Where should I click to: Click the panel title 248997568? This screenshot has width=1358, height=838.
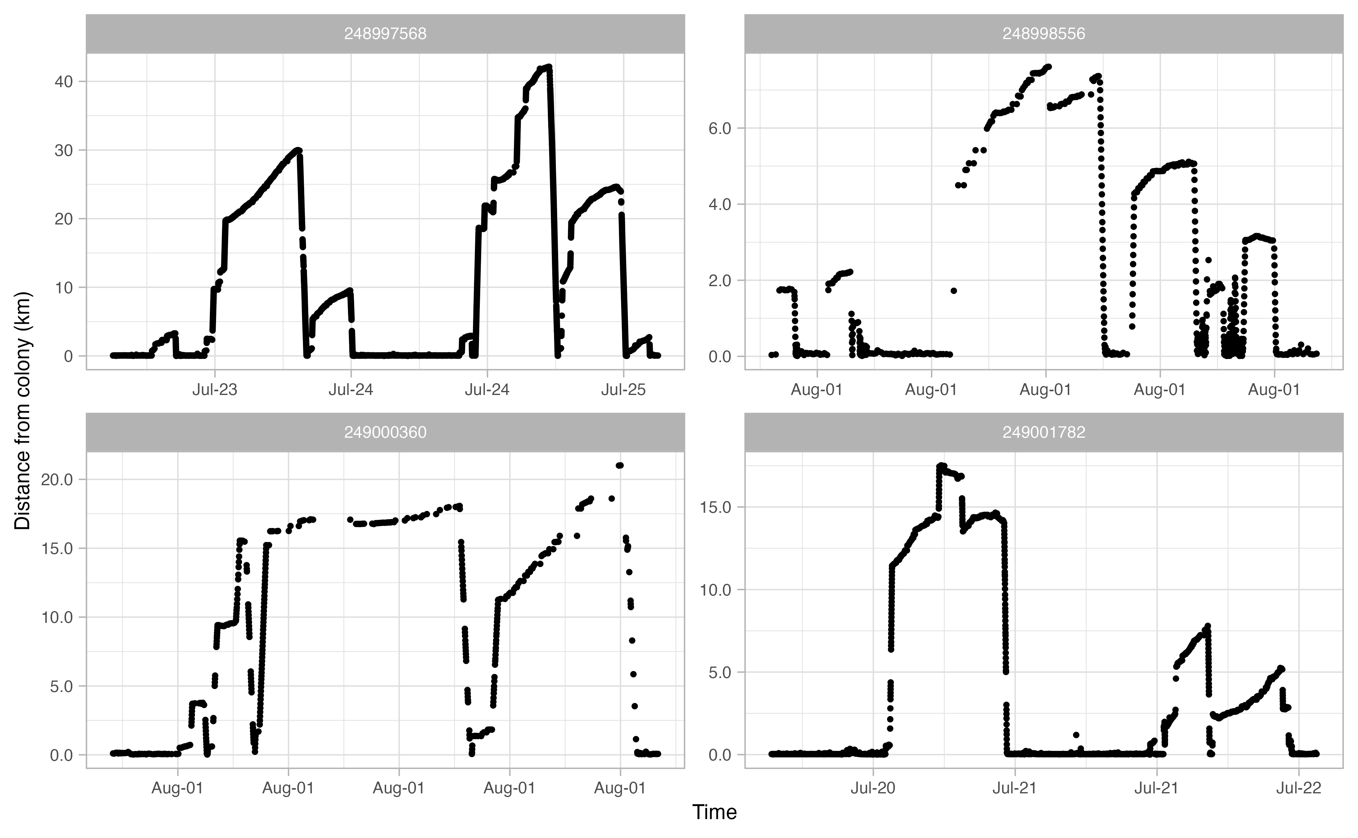pyautogui.click(x=385, y=34)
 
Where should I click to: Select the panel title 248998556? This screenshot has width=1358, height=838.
pyautogui.click(x=1044, y=34)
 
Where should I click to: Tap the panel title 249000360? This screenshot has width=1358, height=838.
pyautogui.click(x=385, y=432)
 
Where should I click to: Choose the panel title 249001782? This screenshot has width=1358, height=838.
pyautogui.click(x=1044, y=432)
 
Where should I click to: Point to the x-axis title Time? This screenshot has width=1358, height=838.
pyautogui.click(x=715, y=813)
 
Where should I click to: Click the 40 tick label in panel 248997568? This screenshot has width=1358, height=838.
pyautogui.click(x=64, y=82)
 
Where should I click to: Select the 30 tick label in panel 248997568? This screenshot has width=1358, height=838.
pyautogui.click(x=64, y=150)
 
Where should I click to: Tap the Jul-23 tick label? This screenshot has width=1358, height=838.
pyautogui.click(x=215, y=390)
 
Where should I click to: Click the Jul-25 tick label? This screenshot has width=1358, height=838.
pyautogui.click(x=624, y=390)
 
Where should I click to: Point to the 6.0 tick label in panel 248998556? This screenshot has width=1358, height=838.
pyautogui.click(x=720, y=128)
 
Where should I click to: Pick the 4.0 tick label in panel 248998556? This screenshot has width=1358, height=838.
pyautogui.click(x=720, y=205)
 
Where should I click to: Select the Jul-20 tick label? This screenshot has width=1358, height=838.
pyautogui.click(x=873, y=788)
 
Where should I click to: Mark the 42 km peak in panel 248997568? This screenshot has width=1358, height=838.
pyautogui.click(x=548, y=67)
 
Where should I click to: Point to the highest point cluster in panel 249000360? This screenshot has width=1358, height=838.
pyautogui.click(x=620, y=466)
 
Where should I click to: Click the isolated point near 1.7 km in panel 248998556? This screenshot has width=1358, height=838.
pyautogui.click(x=954, y=290)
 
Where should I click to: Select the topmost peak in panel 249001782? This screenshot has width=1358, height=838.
pyautogui.click(x=941, y=466)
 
